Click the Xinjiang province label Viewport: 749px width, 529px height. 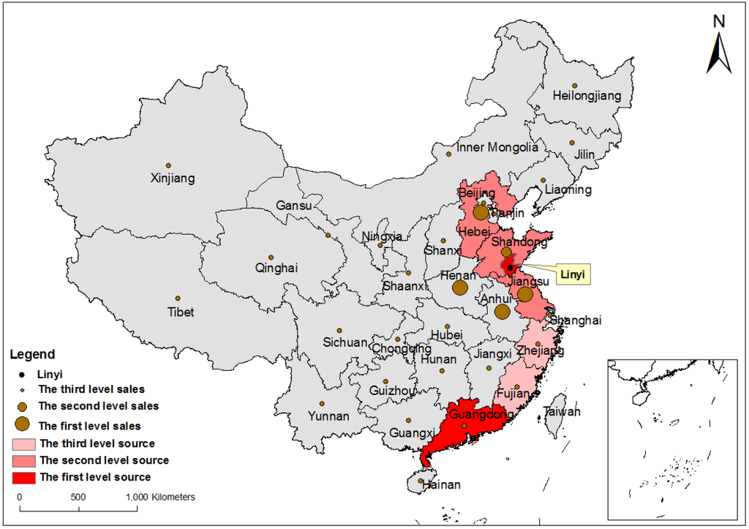click(x=173, y=178)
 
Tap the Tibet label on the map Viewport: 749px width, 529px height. click(x=181, y=312)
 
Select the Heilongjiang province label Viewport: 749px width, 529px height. click(x=586, y=95)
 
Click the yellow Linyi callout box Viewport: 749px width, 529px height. click(x=575, y=275)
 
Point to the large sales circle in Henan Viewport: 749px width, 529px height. click(x=460, y=288)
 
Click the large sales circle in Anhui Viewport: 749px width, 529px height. click(x=502, y=312)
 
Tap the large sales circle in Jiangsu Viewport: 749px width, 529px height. click(x=525, y=294)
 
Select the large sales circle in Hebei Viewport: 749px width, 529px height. click(x=481, y=213)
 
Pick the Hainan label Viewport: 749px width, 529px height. click(x=438, y=484)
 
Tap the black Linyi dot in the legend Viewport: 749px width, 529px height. click(x=23, y=374)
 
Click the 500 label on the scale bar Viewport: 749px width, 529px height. click(x=78, y=497)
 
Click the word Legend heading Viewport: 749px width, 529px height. click(x=32, y=355)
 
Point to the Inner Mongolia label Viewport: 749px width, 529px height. click(x=497, y=147)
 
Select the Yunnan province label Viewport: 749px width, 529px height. click(x=328, y=416)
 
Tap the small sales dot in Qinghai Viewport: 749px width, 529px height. click(x=271, y=258)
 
